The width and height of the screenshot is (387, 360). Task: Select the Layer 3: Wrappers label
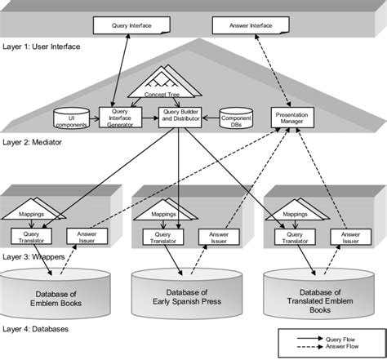pos(33,256)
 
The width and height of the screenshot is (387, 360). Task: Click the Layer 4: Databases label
pos(35,329)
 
